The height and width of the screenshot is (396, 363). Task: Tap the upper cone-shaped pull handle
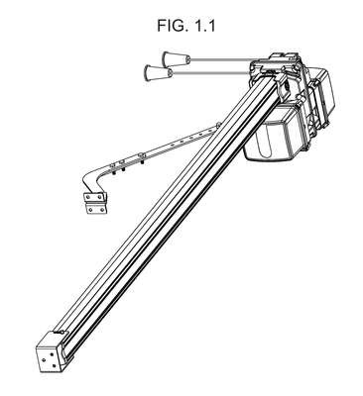coord(176,59)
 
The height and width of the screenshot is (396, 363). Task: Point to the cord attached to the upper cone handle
coord(221,60)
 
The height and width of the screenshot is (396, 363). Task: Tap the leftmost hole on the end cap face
coord(43,359)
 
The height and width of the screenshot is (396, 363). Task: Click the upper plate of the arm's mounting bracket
coord(95,197)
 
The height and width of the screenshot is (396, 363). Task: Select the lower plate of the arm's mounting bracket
coord(96,209)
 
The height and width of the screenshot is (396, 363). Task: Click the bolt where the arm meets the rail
coord(218,125)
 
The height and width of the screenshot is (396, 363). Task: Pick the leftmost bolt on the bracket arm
coord(115,168)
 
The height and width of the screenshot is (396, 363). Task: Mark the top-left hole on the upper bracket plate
coord(87,197)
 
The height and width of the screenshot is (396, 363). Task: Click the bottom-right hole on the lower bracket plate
coord(103,210)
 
